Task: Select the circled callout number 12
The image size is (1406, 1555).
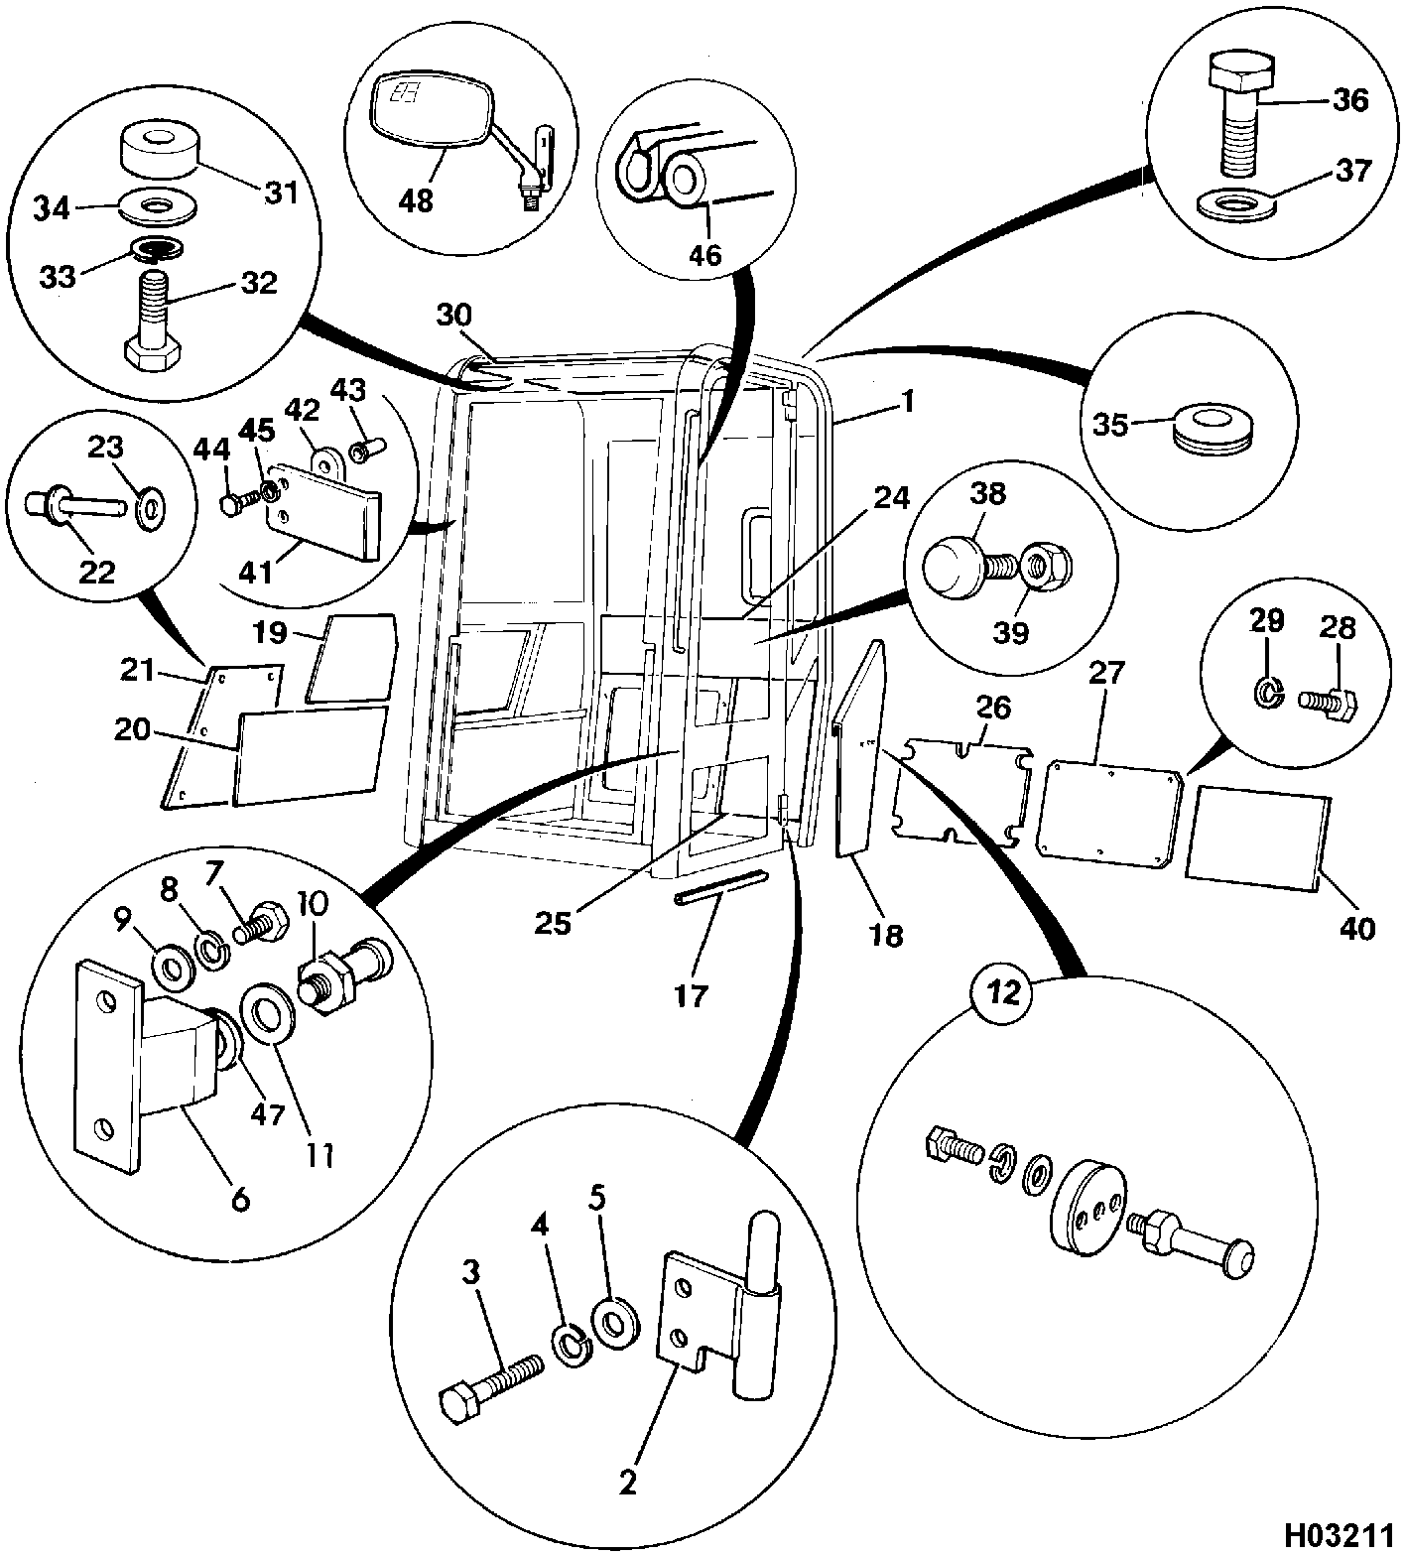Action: click(x=1004, y=993)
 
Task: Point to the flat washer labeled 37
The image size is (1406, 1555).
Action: click(x=1238, y=203)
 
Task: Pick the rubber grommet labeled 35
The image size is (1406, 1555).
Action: click(x=1209, y=429)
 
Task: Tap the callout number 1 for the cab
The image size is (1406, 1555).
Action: click(x=906, y=404)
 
